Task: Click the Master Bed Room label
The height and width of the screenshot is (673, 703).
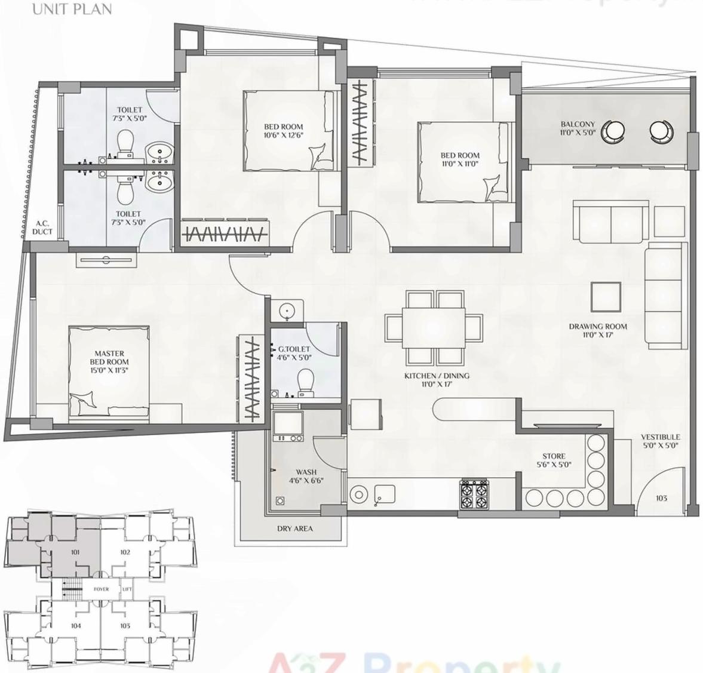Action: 109,358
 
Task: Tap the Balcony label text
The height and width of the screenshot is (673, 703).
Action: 578,125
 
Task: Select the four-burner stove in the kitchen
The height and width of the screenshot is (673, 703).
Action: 474,494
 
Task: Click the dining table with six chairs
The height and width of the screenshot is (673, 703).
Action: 434,327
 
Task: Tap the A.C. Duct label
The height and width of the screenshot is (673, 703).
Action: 42,228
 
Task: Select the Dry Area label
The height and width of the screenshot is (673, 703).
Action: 294,528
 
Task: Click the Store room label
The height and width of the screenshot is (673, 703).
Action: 554,456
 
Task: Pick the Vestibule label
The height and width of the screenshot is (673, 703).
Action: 661,437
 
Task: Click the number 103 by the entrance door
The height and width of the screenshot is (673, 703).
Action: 661,498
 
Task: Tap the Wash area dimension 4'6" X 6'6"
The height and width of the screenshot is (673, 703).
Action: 306,480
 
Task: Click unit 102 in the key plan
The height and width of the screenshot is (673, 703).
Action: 125,552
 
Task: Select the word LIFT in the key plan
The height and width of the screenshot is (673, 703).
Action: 127,589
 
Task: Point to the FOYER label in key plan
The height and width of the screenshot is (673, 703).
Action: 101,589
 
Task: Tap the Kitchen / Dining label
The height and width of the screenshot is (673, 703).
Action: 437,376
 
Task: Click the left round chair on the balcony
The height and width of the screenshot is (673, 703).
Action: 613,131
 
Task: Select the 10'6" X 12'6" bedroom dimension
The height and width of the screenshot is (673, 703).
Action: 284,135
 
